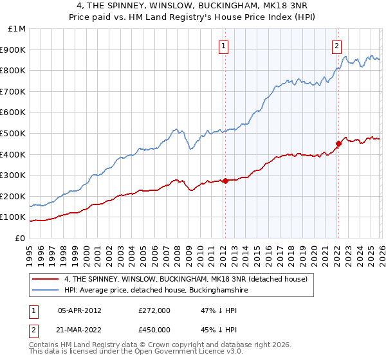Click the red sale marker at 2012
(x=225, y=181)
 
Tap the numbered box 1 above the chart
(x=223, y=45)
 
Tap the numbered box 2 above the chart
(x=336, y=45)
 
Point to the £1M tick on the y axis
(x=17, y=29)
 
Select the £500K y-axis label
(x=14, y=133)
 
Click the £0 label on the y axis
(x=20, y=238)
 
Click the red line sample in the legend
(x=46, y=279)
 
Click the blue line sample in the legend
(x=46, y=291)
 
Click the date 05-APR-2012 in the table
(x=80, y=310)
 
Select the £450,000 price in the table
(x=154, y=330)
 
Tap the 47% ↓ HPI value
(x=211, y=310)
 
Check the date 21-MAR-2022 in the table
(x=80, y=330)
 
